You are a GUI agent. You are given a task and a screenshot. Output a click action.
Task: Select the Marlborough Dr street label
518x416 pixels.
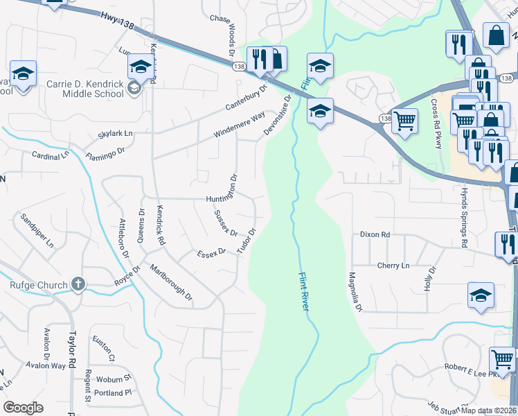pyautogui.click(x=171, y=285)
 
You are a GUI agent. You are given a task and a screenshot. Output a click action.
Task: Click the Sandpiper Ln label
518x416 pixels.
pyautogui.click(x=37, y=231)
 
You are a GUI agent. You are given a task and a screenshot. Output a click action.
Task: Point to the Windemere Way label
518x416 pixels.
pyautogui.click(x=240, y=123)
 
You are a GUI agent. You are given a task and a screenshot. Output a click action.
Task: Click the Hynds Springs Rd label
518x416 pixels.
pyautogui.click(x=464, y=225)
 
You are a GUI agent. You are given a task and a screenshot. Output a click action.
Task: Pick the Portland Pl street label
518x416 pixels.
pyautogui.click(x=114, y=392)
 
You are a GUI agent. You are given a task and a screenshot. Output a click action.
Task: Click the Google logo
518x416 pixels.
pyautogui.click(x=23, y=408)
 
